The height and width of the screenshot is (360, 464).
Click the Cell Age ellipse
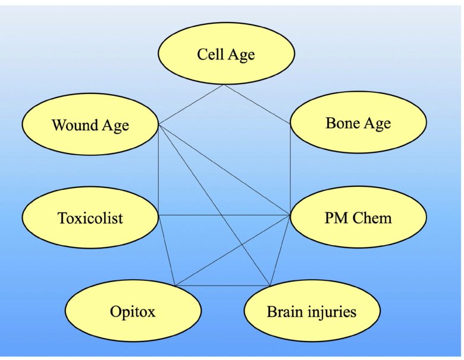pos(225,55)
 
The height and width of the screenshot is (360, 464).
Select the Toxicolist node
pos(90,218)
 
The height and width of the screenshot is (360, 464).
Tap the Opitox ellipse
pos(132,311)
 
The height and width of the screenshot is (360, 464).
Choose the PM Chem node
pos(358,218)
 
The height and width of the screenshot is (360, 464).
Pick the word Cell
pos(209,55)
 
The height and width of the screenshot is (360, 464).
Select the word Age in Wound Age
pos(115,126)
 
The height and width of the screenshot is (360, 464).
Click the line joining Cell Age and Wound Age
pos(190,105)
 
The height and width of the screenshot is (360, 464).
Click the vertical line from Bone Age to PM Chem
pos(290,170)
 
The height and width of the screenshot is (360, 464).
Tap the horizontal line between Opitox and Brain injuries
pos(223,286)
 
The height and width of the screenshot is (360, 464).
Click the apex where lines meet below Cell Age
pos(224,85)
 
